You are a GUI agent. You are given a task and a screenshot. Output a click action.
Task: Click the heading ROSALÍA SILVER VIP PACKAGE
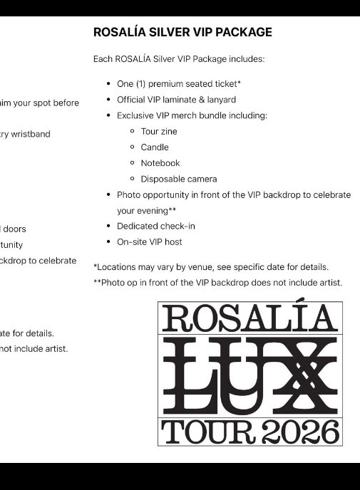pyautogui.click(x=182, y=32)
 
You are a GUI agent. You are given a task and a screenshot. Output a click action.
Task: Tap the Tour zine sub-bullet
pyautogui.click(x=159, y=131)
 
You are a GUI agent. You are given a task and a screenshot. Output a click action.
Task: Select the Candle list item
pyautogui.click(x=155, y=147)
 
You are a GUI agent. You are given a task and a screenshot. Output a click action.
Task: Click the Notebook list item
pyautogui.click(x=160, y=163)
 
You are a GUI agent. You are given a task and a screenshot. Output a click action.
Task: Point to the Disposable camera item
pyautogui.click(x=179, y=179)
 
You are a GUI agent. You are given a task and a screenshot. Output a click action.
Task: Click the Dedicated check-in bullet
pyautogui.click(x=156, y=226)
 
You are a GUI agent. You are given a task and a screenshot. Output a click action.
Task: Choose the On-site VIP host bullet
pyautogui.click(x=149, y=241)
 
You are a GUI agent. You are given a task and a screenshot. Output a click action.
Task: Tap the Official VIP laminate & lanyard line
pyautogui.click(x=176, y=100)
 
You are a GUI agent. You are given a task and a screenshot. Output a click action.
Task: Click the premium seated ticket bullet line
pyautogui.click(x=179, y=83)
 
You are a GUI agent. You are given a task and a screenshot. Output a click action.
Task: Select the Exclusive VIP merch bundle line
pyautogui.click(x=192, y=115)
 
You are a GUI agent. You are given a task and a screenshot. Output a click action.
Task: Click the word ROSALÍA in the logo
pyautogui.click(x=250, y=318)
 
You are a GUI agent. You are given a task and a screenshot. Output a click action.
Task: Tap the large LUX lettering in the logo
pyautogui.click(x=250, y=375)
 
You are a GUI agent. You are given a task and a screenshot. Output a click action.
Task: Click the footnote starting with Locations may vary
pyautogui.click(x=211, y=267)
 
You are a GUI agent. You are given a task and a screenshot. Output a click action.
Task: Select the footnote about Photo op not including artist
pyautogui.click(x=218, y=283)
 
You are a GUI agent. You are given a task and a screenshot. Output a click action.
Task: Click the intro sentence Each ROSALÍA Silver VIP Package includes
pyautogui.click(x=179, y=59)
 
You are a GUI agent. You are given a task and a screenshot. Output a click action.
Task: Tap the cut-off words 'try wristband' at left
pyautogui.click(x=25, y=134)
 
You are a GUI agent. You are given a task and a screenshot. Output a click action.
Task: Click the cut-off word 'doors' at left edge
pyautogui.click(x=14, y=229)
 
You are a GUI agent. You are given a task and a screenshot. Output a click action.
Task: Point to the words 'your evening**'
pyautogui.click(x=146, y=210)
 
